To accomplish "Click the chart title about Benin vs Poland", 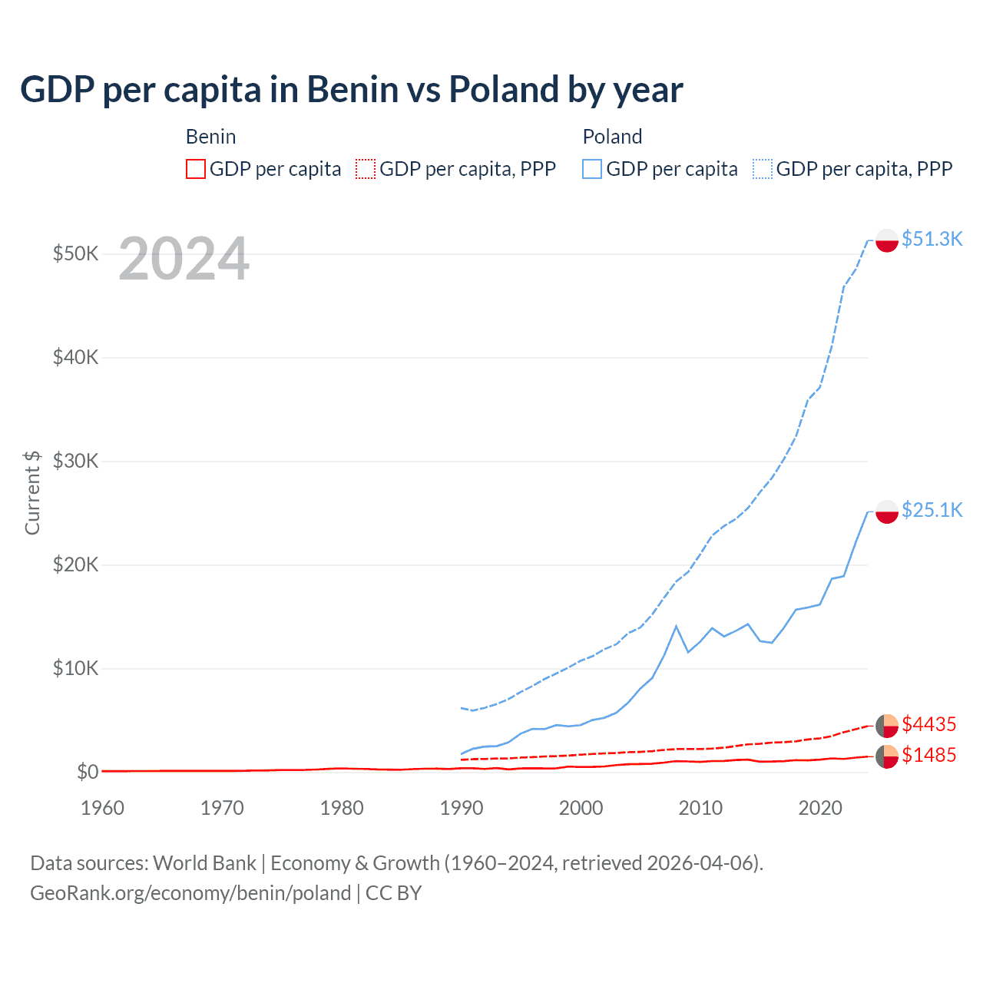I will (351, 89).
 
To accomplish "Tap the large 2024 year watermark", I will (184, 260).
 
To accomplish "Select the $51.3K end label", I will (932, 239).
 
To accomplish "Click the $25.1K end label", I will (932, 510).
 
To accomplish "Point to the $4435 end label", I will (928, 724).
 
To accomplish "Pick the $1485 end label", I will (928, 755).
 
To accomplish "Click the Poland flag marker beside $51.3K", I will (887, 240).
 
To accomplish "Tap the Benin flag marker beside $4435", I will (887, 725).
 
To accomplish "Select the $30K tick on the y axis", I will (75, 461).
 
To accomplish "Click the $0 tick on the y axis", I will (88, 772).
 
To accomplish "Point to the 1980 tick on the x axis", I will (342, 808).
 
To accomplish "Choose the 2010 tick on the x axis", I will (700, 808).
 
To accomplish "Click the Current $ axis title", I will (32, 492).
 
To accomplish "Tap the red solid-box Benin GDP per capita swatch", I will (196, 169).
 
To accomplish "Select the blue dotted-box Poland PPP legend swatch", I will (763, 169).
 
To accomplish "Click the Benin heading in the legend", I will (210, 137).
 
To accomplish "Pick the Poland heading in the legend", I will (612, 137).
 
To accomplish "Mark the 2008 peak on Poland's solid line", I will (676, 626).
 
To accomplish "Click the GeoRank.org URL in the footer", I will (190, 893).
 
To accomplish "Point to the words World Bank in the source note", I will (204, 863).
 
